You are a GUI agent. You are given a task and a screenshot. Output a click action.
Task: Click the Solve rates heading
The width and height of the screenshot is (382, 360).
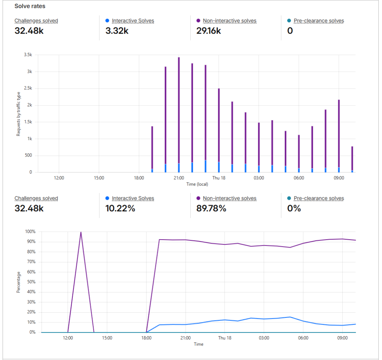click(30, 6)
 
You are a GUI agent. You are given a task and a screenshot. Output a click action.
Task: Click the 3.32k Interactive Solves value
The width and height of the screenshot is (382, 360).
click(117, 31)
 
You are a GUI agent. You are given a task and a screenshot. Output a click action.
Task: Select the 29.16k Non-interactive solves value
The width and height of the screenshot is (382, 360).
click(209, 31)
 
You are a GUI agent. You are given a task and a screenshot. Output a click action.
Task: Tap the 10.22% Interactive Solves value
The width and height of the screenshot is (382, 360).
click(120, 208)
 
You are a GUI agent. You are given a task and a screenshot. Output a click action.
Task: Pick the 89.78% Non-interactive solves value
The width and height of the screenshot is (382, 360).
click(211, 208)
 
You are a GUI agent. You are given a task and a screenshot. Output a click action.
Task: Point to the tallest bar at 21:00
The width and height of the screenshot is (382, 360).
click(179, 112)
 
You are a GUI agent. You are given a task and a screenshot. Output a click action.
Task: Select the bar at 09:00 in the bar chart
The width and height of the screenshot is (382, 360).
click(339, 134)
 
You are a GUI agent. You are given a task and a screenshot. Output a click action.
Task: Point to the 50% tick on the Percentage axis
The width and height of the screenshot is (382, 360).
click(31, 282)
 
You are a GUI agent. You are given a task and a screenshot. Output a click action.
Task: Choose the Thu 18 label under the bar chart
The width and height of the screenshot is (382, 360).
click(219, 178)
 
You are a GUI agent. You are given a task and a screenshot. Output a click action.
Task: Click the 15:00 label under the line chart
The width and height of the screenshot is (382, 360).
click(107, 338)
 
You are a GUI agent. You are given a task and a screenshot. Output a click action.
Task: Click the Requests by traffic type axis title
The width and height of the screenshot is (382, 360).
click(18, 113)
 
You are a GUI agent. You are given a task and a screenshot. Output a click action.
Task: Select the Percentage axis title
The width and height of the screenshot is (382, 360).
click(18, 282)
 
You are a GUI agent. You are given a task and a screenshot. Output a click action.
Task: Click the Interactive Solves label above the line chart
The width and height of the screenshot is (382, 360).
click(133, 199)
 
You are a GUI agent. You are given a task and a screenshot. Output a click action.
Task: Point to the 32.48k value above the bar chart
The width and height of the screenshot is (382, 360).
click(29, 31)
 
